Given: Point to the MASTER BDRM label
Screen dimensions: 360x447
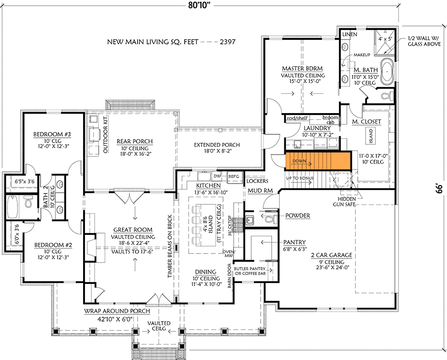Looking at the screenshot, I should [302, 68].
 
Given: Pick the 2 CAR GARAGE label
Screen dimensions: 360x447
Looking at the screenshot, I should [332, 255].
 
